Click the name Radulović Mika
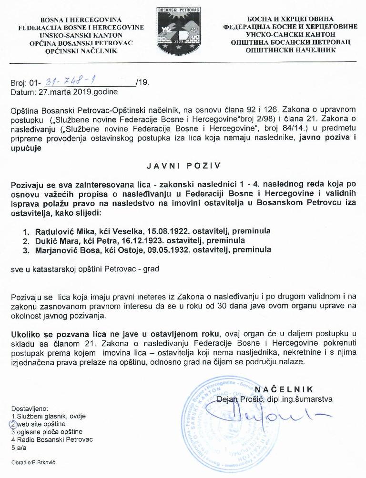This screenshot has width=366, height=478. coord(61,231)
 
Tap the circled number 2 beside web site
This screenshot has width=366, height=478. coord(14,424)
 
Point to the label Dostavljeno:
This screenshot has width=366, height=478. coord(27,408)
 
